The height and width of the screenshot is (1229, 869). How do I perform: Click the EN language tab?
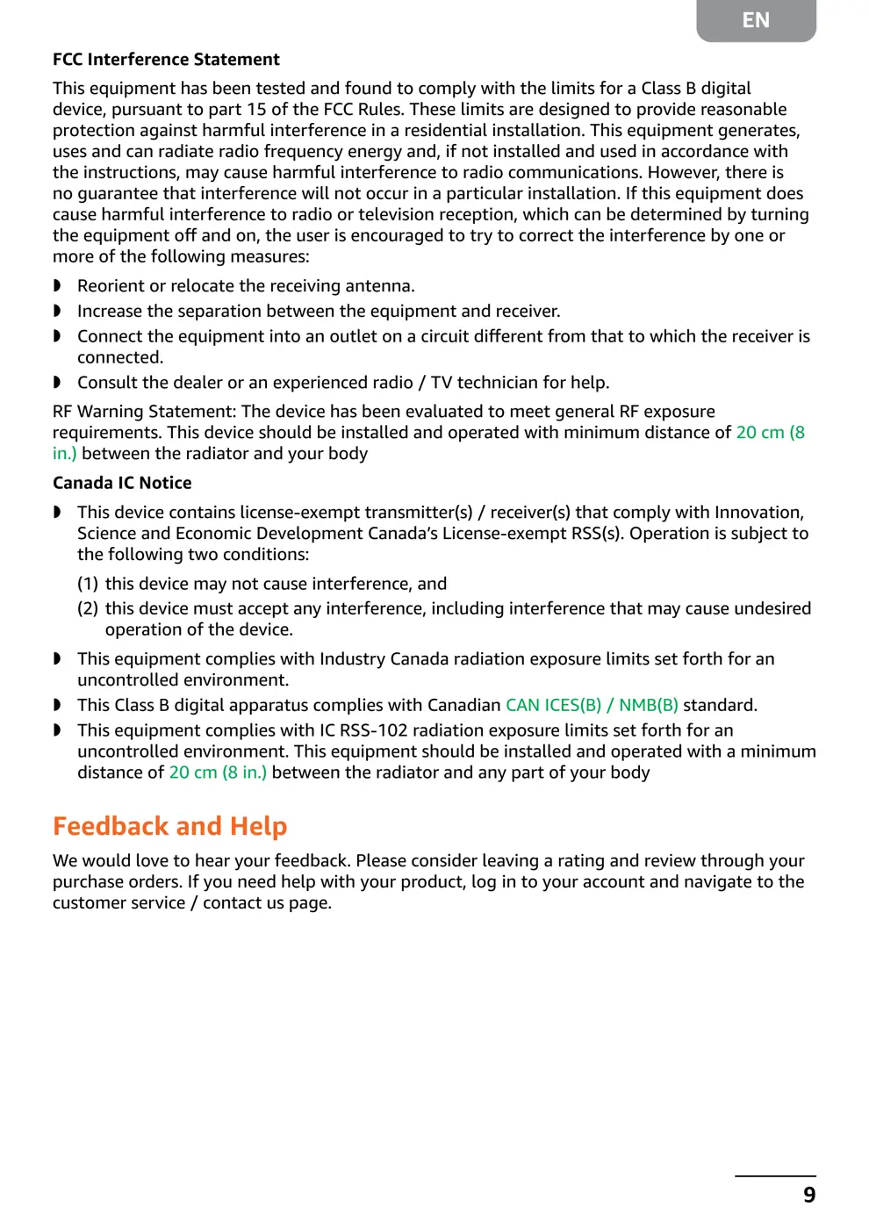[756, 20]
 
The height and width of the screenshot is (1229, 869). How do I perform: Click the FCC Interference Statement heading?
[166, 60]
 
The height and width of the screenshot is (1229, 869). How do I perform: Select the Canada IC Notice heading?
[122, 483]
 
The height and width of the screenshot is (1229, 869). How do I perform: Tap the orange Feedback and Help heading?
[170, 826]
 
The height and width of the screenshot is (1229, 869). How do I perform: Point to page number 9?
[809, 1195]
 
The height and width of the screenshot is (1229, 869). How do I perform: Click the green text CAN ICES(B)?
[553, 705]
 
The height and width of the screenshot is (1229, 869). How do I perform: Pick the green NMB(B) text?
[649, 705]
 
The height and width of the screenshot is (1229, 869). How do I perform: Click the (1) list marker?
[88, 584]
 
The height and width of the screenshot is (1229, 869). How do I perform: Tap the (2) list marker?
[88, 608]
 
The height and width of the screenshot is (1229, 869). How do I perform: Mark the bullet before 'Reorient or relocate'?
[57, 286]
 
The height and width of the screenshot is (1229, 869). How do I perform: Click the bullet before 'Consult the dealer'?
[57, 383]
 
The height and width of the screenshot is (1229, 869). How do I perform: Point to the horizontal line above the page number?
[775, 1175]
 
